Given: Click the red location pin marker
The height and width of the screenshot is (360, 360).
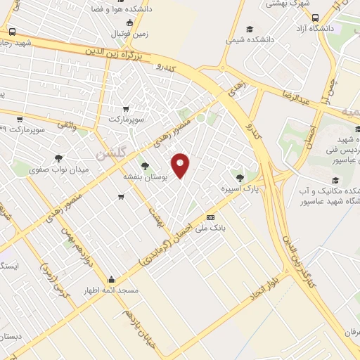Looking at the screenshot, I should coord(181,166).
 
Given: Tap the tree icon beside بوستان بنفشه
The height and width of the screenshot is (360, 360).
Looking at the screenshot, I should coord(145,166).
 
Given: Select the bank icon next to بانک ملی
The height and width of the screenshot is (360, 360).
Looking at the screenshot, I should coord(210,217).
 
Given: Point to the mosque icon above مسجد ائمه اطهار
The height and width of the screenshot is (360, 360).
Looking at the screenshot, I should coord(112,279).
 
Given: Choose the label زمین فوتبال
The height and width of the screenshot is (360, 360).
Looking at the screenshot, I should coord(129,33).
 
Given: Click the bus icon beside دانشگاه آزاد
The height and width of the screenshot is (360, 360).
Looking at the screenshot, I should coord(315,18).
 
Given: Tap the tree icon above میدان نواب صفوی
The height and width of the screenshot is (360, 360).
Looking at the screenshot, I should coord(58,157).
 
